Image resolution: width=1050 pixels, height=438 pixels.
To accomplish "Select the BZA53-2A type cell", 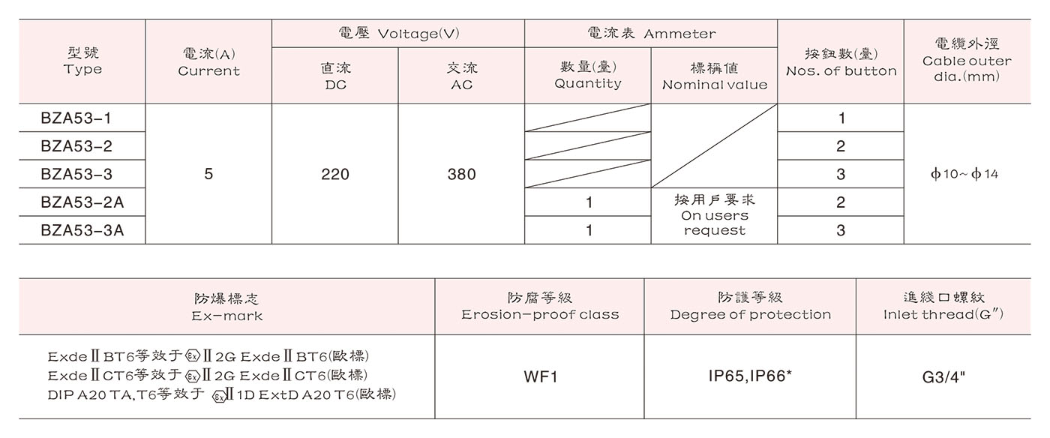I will click(x=82, y=202).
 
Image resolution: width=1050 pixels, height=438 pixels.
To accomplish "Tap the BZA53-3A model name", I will click(x=82, y=231).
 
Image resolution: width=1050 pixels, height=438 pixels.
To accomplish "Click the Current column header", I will click(x=208, y=62).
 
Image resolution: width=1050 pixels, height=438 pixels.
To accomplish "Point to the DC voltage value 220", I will click(x=334, y=174).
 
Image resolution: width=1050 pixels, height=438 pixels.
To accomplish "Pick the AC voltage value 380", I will click(x=461, y=174).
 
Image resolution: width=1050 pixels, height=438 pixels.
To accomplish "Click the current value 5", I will click(x=208, y=174).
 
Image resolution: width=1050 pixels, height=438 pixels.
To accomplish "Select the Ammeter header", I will click(x=650, y=34).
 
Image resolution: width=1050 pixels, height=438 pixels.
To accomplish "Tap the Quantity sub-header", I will click(x=588, y=76).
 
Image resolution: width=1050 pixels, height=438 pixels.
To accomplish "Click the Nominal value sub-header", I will click(x=715, y=76).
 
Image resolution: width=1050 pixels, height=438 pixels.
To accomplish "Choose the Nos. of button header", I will click(x=841, y=62).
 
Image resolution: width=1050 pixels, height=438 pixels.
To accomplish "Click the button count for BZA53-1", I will click(x=841, y=118).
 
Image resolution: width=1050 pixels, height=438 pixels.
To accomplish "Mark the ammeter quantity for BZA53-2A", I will click(x=589, y=202).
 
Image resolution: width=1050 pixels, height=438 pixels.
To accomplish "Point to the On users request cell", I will click(x=715, y=215).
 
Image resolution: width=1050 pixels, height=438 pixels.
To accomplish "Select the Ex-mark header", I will click(x=226, y=307).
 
